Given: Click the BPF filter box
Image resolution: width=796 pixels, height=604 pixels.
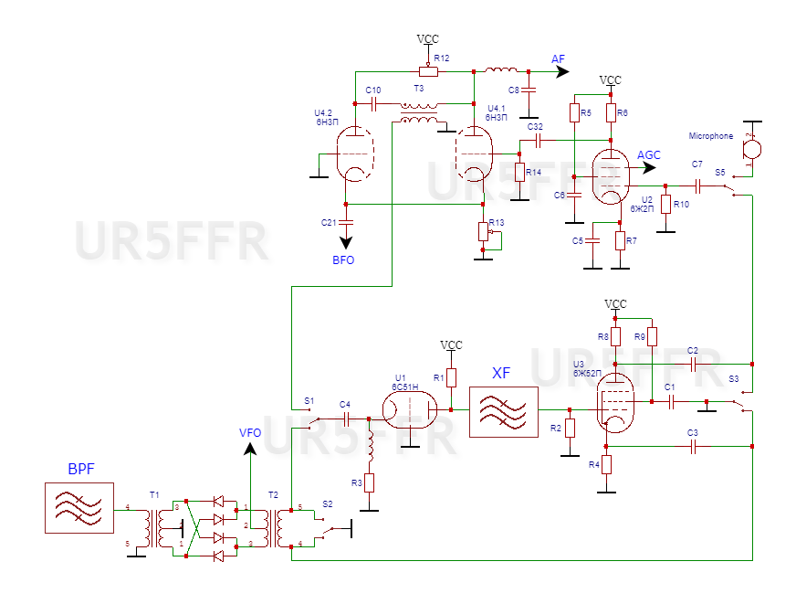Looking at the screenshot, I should point(79,508).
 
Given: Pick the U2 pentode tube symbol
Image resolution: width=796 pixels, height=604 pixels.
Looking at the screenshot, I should point(611,176).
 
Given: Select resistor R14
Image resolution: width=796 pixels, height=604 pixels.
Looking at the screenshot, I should point(519,172).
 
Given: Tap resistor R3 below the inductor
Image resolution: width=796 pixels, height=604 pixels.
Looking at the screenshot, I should point(370,482).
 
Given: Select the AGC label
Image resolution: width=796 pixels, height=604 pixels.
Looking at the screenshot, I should point(649,155).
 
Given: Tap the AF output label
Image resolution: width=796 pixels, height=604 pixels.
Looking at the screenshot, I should point(559,58).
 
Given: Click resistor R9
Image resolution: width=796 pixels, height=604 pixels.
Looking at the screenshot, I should point(652,336).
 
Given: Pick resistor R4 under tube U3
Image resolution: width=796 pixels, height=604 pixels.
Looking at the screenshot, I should point(606,464).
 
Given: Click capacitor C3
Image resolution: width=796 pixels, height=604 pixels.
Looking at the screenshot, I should point(694,446).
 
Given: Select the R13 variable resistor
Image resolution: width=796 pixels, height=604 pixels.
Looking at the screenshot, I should point(484,232).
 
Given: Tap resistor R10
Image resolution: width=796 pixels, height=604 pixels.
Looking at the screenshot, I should point(666,204).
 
